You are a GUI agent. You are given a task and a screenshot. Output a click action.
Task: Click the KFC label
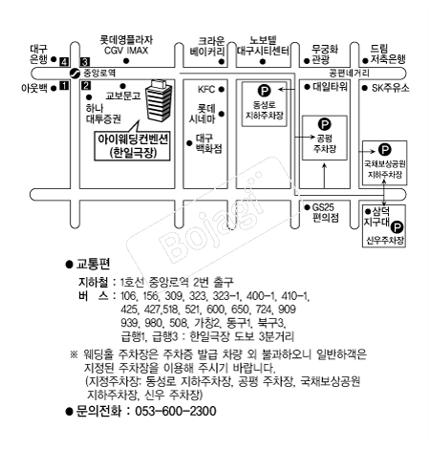click(205, 89)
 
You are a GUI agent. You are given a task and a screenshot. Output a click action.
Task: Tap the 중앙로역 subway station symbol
click(75, 72)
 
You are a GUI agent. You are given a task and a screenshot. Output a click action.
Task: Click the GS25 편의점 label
click(327, 211)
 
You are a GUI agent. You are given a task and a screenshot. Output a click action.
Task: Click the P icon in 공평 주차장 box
click(325, 122)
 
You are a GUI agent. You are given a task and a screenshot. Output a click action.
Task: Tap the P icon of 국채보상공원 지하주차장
click(384, 149)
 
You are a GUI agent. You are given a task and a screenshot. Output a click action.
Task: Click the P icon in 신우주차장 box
click(396, 227)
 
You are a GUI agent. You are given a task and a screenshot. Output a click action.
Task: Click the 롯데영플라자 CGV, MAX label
click(127, 45)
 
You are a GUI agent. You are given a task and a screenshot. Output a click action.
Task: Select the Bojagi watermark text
click(207, 219)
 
